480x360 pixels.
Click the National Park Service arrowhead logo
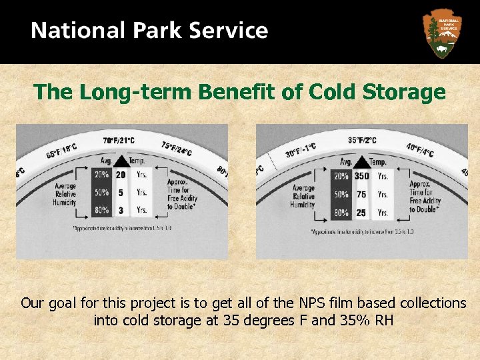click(443, 33)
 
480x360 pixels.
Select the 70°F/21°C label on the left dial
click(119, 141)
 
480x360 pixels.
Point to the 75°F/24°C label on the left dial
click(177, 149)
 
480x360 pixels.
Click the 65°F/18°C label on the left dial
click(61, 151)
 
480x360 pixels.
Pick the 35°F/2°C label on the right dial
click(362, 141)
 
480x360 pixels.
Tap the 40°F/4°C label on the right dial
click(419, 150)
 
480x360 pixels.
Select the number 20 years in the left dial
click(120, 175)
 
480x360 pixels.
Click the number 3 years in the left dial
click(120, 210)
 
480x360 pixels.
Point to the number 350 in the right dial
click(362, 177)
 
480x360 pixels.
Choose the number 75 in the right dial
click(362, 195)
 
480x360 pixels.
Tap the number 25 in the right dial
click(362, 213)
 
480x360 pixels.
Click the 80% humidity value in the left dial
click(101, 210)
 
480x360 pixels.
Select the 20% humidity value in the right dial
click(341, 177)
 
